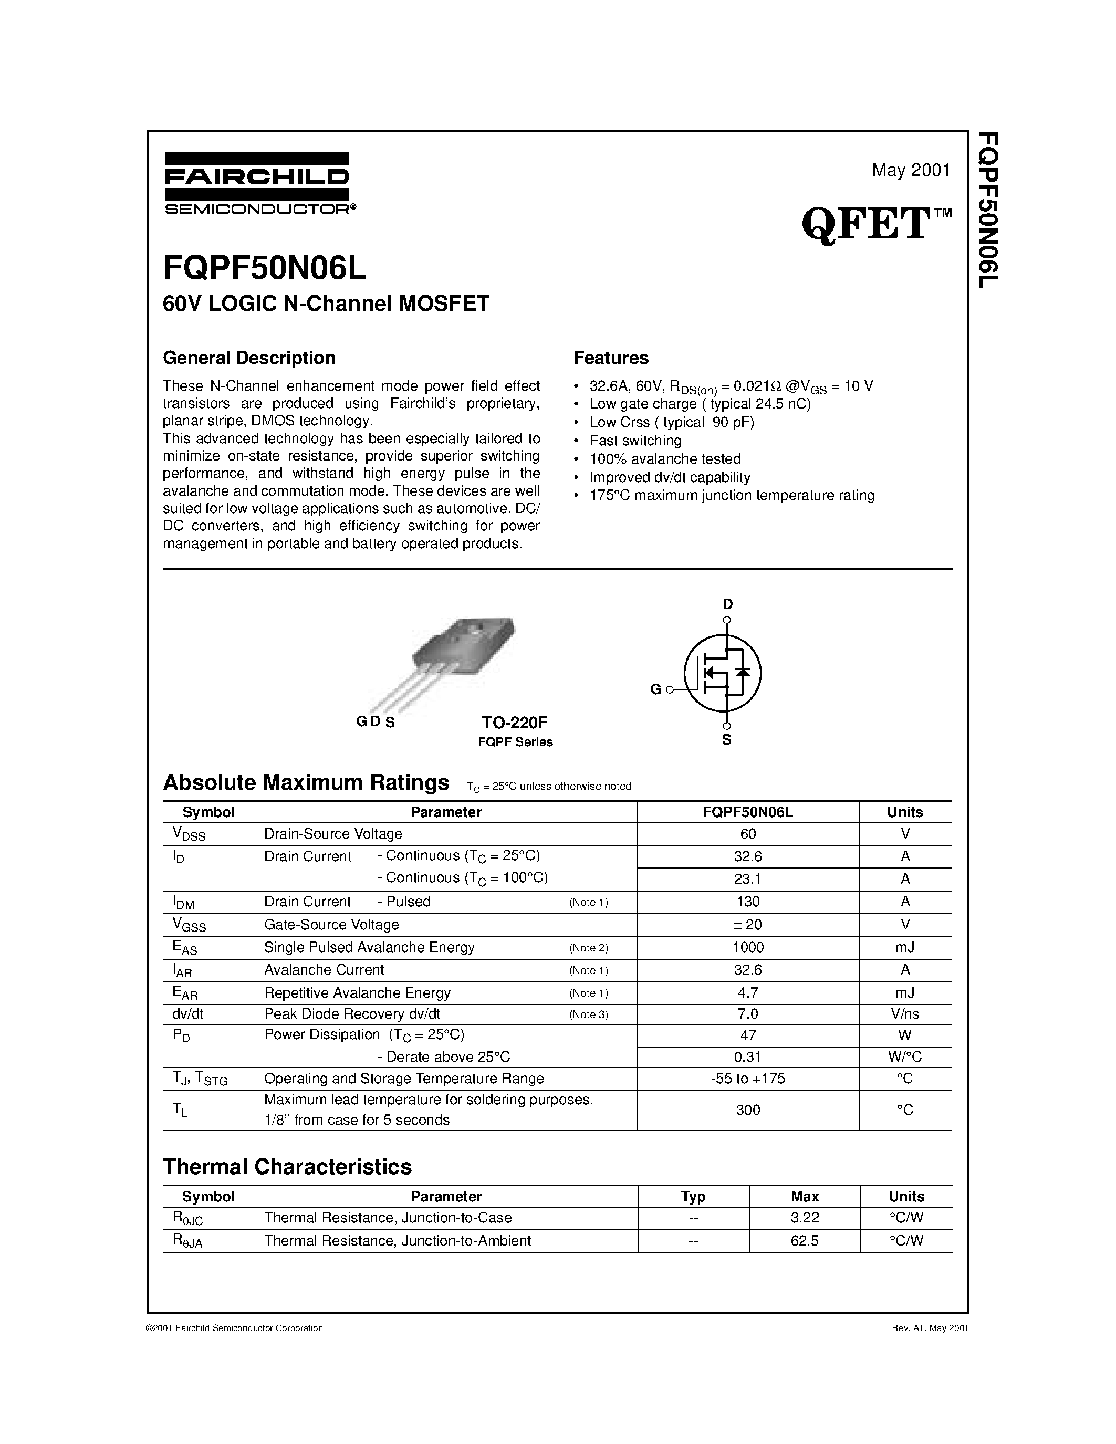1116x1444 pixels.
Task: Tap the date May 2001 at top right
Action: tap(910, 170)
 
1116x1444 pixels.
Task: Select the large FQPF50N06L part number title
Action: tap(265, 267)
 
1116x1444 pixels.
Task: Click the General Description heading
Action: tap(249, 358)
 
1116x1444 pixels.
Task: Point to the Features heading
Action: tap(611, 358)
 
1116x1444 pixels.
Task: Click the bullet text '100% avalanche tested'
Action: tap(665, 459)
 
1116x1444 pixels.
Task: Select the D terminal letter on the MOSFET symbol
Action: tap(727, 604)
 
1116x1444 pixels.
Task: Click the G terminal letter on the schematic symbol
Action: tap(655, 689)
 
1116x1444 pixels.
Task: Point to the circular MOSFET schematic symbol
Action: tap(722, 673)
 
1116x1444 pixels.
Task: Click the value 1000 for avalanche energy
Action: tap(748, 947)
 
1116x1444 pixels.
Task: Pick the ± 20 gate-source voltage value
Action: tap(748, 924)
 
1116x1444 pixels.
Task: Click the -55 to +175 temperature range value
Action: tap(748, 1079)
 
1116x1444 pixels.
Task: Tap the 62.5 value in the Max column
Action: tap(804, 1241)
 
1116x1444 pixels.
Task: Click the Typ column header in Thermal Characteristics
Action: tap(693, 1196)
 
